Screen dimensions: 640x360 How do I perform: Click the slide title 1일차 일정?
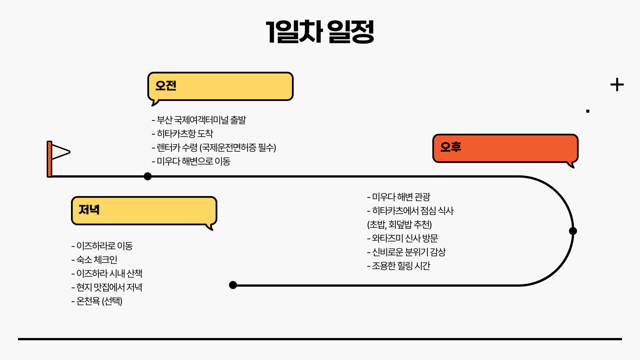[x=320, y=32]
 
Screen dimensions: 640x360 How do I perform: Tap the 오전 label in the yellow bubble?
[x=166, y=86]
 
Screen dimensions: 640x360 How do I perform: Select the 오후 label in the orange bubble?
[x=451, y=147]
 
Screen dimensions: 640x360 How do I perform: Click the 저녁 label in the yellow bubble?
[x=89, y=210]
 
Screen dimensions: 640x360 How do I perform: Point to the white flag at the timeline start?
[x=60, y=152]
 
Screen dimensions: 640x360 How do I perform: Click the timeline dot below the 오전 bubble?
[x=148, y=176]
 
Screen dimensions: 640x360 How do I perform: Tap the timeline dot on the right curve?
[x=573, y=231]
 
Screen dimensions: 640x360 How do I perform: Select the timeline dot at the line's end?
[x=233, y=285]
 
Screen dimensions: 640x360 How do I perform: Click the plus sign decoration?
[x=617, y=85]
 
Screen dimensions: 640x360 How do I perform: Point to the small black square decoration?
[x=588, y=111]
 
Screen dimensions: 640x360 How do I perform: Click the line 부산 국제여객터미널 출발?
[x=199, y=120]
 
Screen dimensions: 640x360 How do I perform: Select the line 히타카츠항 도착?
[x=182, y=134]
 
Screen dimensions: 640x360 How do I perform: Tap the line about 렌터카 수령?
[x=214, y=148]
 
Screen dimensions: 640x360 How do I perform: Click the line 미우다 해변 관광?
[x=399, y=197]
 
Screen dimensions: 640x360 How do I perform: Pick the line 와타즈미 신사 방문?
[x=403, y=238]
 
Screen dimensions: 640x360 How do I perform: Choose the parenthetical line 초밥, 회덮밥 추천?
[x=399, y=225]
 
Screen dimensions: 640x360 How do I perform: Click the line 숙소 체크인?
[x=94, y=260]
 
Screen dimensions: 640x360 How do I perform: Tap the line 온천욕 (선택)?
[x=97, y=301]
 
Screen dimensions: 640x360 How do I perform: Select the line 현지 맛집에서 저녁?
[x=107, y=287]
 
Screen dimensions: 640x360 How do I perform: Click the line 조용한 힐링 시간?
[x=399, y=266]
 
